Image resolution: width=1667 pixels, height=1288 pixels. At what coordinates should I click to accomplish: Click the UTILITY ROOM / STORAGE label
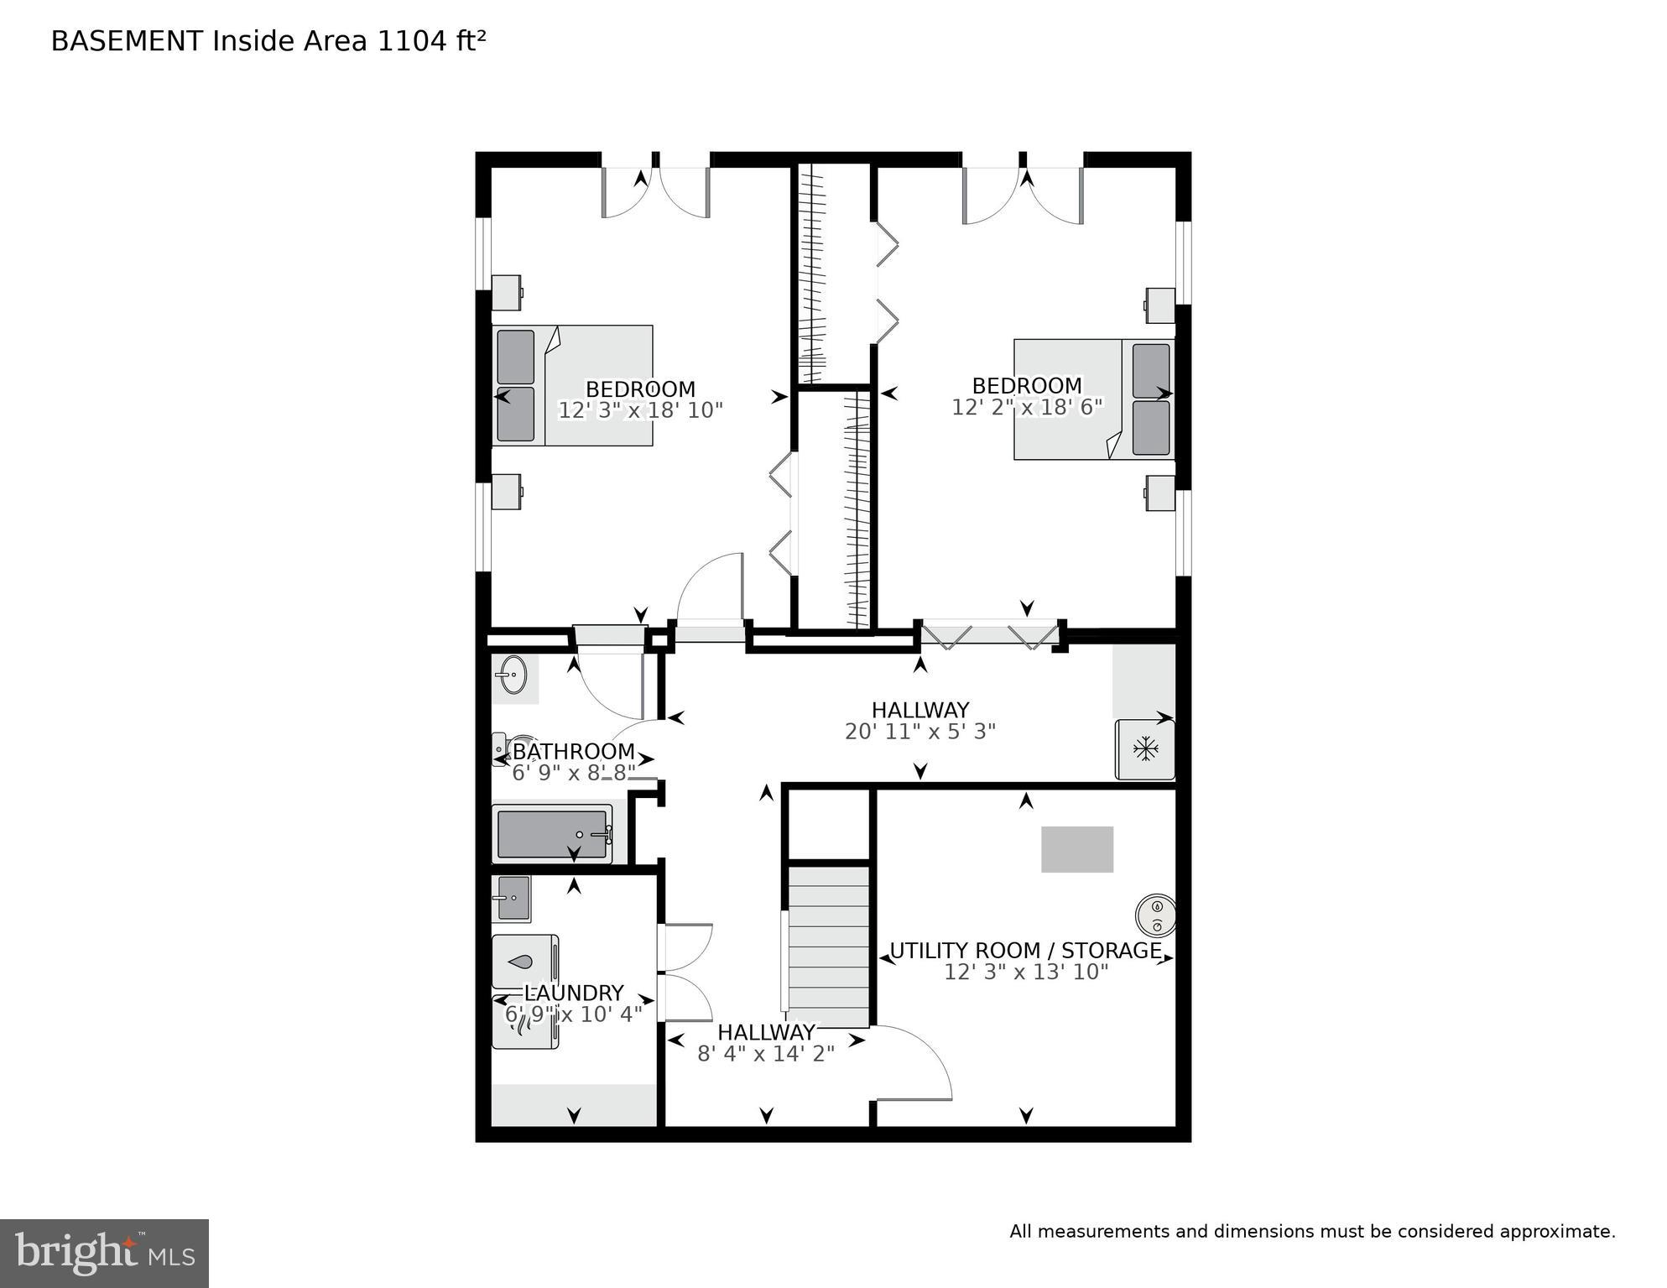[x=1025, y=951]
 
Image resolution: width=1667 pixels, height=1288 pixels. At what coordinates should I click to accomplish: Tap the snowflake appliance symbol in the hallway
[x=1145, y=748]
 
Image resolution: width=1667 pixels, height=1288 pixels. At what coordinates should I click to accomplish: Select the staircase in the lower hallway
[x=828, y=946]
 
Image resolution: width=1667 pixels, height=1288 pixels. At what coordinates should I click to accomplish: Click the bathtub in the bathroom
[x=553, y=834]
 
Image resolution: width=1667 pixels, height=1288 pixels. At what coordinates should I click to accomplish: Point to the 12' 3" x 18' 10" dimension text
[x=640, y=410]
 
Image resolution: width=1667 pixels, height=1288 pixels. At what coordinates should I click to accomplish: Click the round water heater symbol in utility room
[x=1156, y=915]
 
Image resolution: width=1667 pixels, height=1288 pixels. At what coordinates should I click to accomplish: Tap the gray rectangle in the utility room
[x=1077, y=849]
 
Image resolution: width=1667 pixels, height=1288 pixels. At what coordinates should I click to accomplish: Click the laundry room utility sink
[x=511, y=898]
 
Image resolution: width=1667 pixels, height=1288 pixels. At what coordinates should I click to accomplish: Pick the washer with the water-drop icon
[x=524, y=962]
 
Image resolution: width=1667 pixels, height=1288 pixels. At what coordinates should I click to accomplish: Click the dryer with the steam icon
[x=524, y=1023]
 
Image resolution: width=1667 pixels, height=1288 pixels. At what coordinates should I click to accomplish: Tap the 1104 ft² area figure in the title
[x=431, y=41]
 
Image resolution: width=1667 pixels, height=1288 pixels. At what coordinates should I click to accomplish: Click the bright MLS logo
[x=104, y=1253]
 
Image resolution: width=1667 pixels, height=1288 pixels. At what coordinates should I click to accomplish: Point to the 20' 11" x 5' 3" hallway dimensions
[x=919, y=732]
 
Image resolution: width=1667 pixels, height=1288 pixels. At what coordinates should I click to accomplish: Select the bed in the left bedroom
[x=572, y=385]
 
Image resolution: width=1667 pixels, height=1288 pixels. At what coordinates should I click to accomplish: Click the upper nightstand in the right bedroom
[x=1160, y=305]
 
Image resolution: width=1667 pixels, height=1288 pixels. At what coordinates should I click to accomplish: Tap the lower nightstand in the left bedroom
[x=506, y=492]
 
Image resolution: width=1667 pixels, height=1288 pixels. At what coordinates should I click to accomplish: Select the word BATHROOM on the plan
[x=574, y=751]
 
